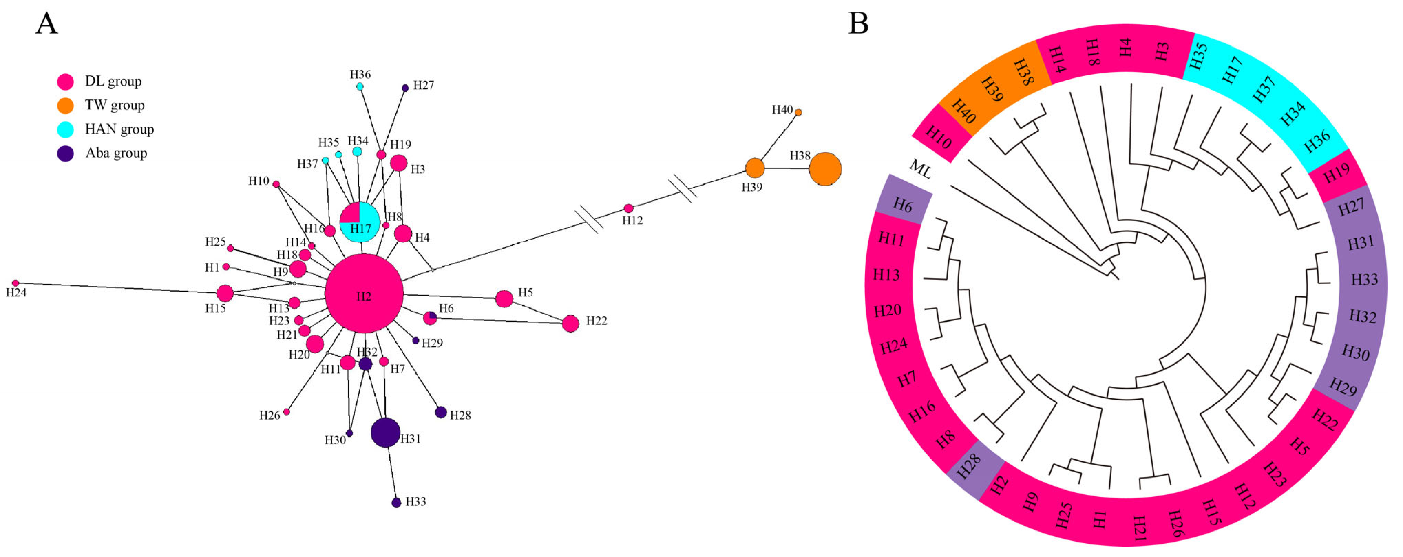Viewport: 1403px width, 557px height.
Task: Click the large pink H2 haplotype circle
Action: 364,293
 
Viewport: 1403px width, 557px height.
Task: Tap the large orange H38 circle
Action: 825,169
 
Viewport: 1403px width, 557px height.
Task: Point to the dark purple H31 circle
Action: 386,432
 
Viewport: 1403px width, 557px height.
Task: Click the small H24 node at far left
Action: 15,283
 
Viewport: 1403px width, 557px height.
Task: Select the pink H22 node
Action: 570,323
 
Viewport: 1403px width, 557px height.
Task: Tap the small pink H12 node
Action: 629,209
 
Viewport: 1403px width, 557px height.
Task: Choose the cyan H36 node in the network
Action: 359,86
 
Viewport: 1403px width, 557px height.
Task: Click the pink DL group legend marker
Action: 65,82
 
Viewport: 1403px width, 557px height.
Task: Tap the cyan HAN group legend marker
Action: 65,129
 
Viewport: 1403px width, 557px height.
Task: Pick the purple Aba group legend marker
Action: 65,154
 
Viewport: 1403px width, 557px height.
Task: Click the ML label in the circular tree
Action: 920,169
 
